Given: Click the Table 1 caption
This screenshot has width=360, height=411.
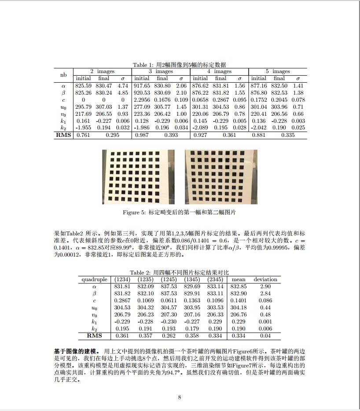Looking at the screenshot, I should [180, 65].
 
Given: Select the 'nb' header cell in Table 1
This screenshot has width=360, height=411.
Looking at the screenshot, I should [63, 75].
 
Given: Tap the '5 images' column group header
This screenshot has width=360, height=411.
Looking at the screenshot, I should [278, 71].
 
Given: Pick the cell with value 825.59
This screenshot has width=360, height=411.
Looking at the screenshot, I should [83, 86].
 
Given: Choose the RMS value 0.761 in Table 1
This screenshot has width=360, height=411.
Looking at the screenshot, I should [83, 135].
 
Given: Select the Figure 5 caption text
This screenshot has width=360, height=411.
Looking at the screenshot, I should [180, 213].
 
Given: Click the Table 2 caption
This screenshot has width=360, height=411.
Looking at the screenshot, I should [180, 273].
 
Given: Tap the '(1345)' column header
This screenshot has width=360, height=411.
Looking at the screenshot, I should [192, 279].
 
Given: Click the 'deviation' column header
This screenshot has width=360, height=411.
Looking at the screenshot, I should [265, 279].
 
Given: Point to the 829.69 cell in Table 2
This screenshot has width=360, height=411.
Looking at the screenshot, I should [192, 286].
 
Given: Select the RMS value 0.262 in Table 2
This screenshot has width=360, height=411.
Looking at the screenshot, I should [169, 336].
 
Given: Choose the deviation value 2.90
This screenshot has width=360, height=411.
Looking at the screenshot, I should [265, 286].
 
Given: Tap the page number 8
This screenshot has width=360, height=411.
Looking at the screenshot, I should [180, 397].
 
